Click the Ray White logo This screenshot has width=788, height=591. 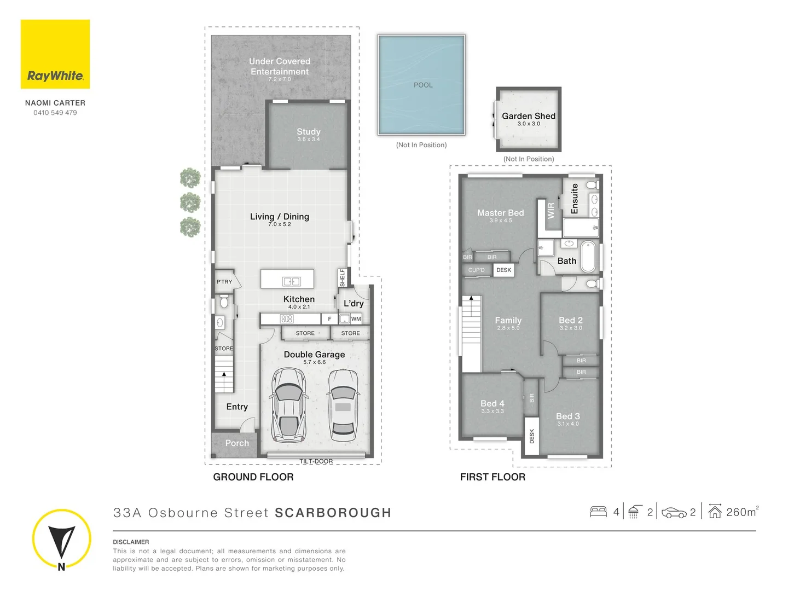pyautogui.click(x=55, y=54)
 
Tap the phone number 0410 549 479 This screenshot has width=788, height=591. pyautogui.click(x=55, y=113)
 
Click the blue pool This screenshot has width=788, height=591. pyautogui.click(x=421, y=85)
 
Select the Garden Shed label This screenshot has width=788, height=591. pyautogui.click(x=529, y=116)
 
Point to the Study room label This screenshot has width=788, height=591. pyautogui.click(x=309, y=132)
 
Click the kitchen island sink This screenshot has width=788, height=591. pyautogui.click(x=292, y=282)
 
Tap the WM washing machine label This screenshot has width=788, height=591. pyautogui.click(x=356, y=318)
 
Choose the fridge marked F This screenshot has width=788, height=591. pyautogui.click(x=329, y=318)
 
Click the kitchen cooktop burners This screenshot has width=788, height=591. pyautogui.click(x=287, y=318)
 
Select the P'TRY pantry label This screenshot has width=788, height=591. pyautogui.click(x=224, y=282)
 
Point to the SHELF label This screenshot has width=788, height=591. pyautogui.click(x=343, y=278)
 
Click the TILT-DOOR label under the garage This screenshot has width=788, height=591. pyautogui.click(x=316, y=461)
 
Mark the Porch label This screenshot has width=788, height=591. pyautogui.click(x=237, y=443)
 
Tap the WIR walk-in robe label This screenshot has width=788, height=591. pyautogui.click(x=551, y=211)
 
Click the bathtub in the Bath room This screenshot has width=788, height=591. pyautogui.click(x=588, y=257)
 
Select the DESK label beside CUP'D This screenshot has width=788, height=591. pyautogui.click(x=503, y=270)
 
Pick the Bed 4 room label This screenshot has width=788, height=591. pyautogui.click(x=493, y=403)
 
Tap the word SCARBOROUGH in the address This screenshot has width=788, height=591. pyautogui.click(x=333, y=513)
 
